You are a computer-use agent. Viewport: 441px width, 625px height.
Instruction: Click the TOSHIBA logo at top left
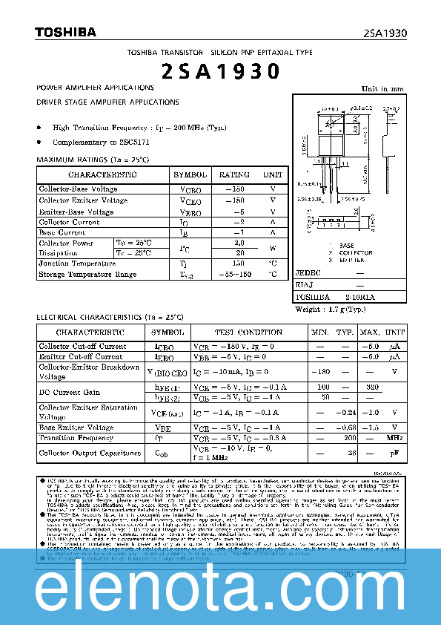tap(65, 32)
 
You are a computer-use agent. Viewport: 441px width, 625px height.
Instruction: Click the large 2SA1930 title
tap(220, 71)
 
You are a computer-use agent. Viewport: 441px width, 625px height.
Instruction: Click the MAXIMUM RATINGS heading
tap(93, 160)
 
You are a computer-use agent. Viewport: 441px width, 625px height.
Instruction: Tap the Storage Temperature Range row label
tap(87, 275)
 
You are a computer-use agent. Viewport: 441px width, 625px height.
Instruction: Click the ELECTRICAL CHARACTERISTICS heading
tap(110, 318)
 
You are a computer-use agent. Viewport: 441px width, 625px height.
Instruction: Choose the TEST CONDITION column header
tap(248, 333)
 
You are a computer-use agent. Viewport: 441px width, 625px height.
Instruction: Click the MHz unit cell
tap(394, 439)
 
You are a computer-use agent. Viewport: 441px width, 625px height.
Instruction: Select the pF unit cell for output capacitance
tap(394, 453)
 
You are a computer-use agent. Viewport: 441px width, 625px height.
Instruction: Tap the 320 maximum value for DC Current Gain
tap(372, 387)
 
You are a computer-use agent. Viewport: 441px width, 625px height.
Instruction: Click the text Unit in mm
tap(382, 89)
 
